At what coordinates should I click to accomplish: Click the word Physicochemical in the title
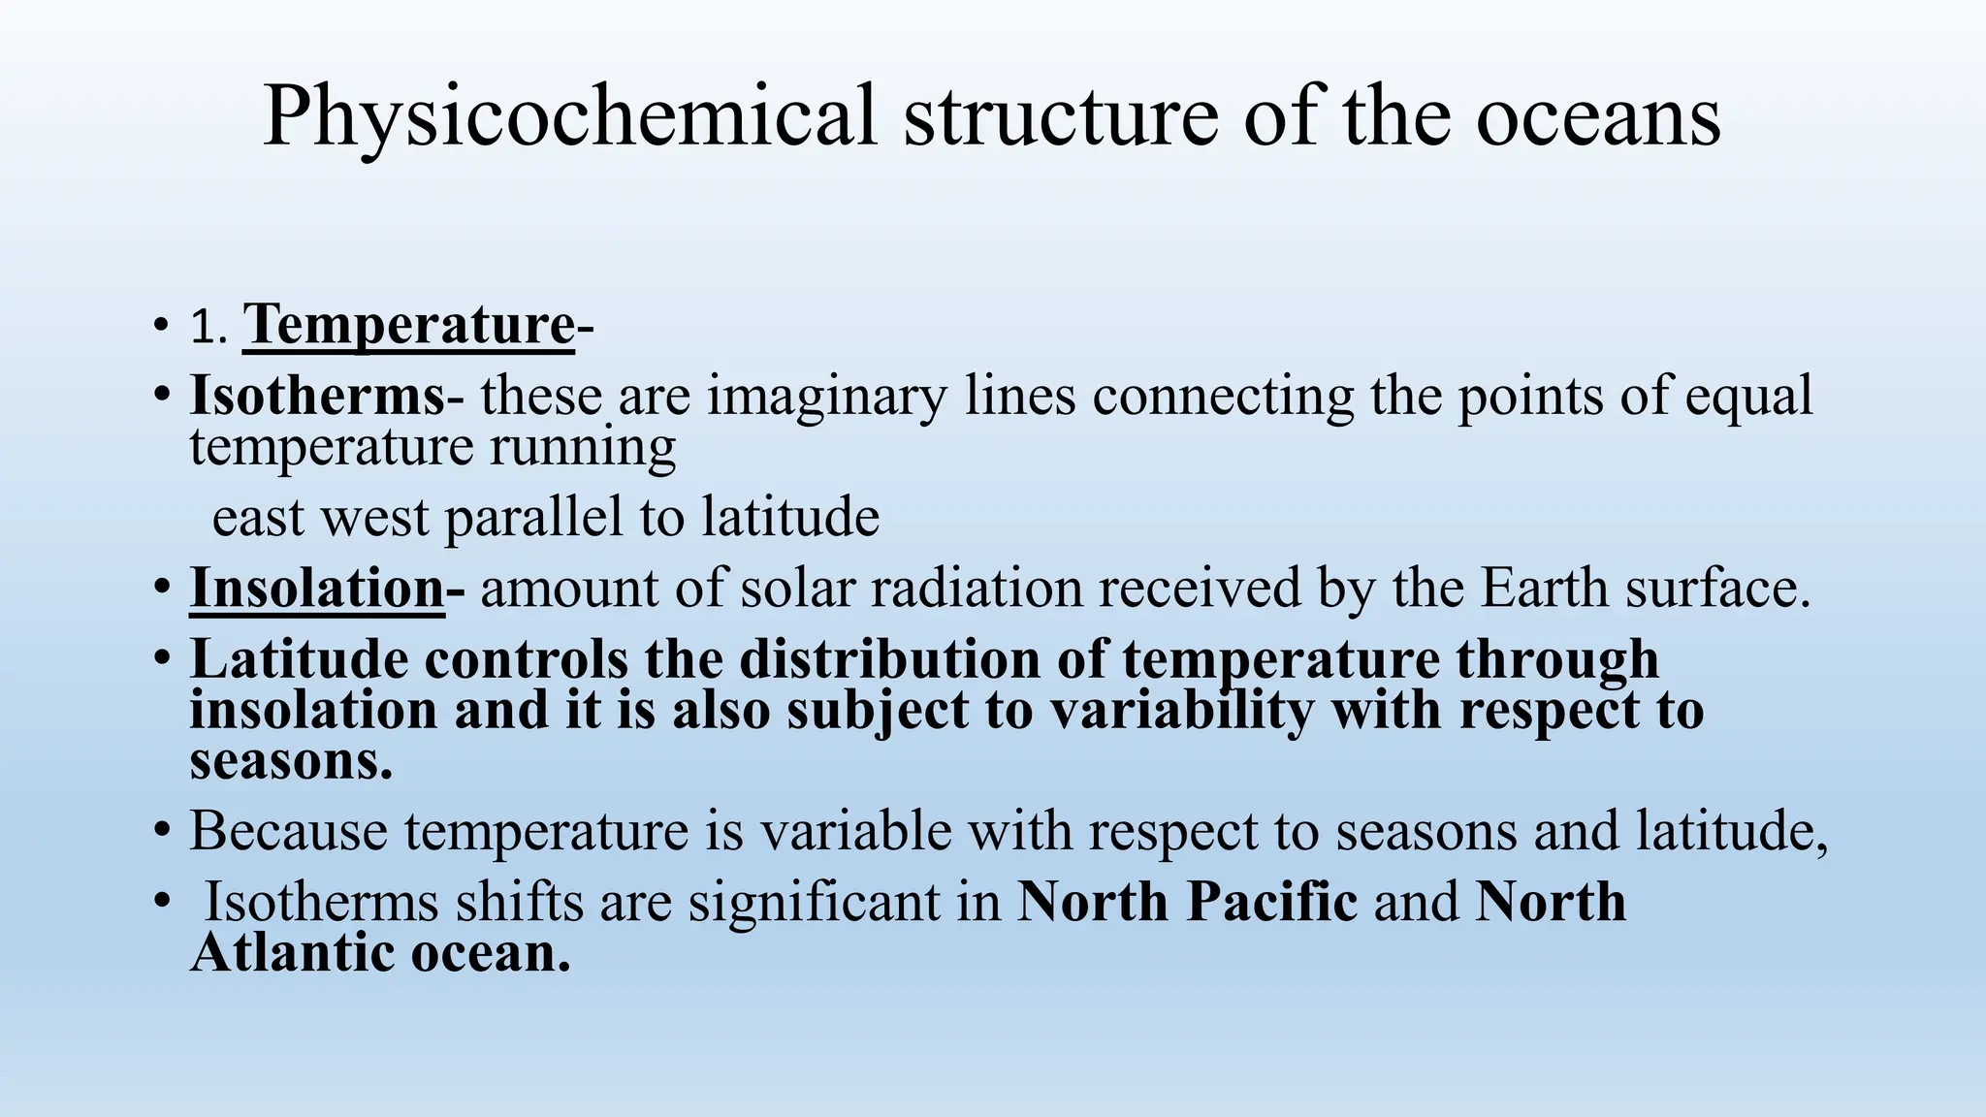(x=569, y=116)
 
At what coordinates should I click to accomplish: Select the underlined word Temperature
(x=408, y=325)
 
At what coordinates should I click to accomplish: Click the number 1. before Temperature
(x=208, y=328)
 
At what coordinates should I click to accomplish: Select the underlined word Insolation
(x=316, y=588)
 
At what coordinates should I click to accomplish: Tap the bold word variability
(x=1182, y=710)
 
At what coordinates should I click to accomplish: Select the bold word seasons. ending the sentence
(x=291, y=760)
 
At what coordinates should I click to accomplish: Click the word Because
(x=288, y=831)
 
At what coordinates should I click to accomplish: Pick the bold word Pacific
(x=1271, y=902)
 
